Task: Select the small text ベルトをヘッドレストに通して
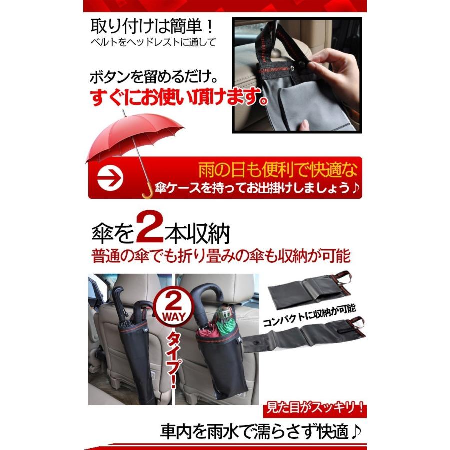pyautogui.click(x=153, y=42)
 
